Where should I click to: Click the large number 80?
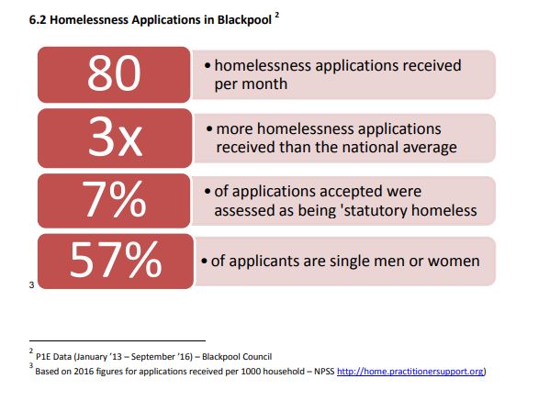coord(114,72)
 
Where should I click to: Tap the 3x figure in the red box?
coord(115,136)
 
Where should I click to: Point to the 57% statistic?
coord(116,260)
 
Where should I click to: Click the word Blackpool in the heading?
coord(244,19)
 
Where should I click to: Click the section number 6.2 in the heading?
coord(38,19)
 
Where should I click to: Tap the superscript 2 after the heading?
coord(277,15)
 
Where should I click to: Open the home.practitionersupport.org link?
coord(410,371)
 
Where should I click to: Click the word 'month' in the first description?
coord(264,84)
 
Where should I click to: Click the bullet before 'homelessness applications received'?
coord(208,66)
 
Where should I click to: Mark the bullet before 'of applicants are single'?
coord(204,262)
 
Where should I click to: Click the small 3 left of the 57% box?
coord(31,285)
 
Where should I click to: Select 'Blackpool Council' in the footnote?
coord(237,356)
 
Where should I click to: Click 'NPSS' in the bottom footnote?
coord(324,372)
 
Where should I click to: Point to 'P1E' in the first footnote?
coord(43,357)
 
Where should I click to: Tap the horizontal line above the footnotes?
coord(118,340)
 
